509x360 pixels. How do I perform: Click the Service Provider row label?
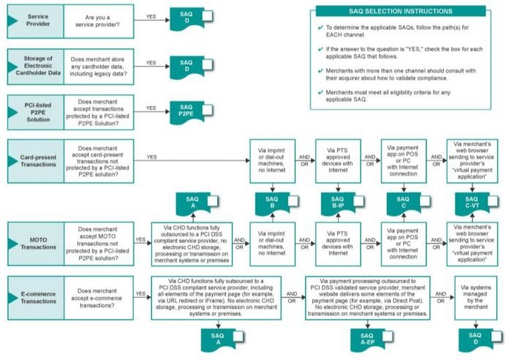coord(39,20)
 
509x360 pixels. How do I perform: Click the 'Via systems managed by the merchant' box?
coord(475,298)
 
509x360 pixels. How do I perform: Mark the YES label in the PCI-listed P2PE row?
coord(151,107)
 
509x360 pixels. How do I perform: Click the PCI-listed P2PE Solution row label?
coord(39,110)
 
